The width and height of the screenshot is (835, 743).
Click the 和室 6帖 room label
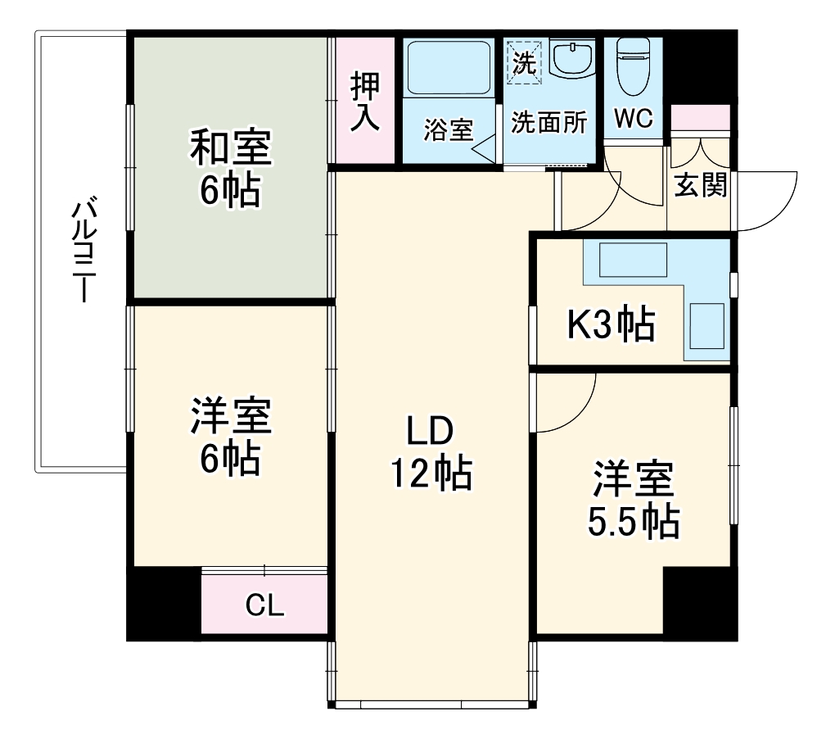pyautogui.click(x=230, y=169)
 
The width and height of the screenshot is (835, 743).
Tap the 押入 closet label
pyautogui.click(x=365, y=102)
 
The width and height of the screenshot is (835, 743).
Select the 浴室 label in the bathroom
pyautogui.click(x=448, y=129)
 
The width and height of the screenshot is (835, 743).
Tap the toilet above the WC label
pyautogui.click(x=632, y=66)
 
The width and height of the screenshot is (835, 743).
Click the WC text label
pyautogui.click(x=633, y=120)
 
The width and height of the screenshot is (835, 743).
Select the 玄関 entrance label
pyautogui.click(x=700, y=185)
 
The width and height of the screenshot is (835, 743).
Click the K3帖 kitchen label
pyautogui.click(x=612, y=324)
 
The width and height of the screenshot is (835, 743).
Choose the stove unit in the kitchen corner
pyautogui.click(x=707, y=326)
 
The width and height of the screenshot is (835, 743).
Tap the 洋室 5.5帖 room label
pyautogui.click(x=634, y=500)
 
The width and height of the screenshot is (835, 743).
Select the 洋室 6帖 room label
pyautogui.click(x=230, y=436)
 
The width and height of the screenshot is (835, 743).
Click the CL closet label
pyautogui.click(x=264, y=606)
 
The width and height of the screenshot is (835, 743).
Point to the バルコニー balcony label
pyautogui.click(x=82, y=251)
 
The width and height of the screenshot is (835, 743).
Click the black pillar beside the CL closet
pyautogui.click(x=163, y=603)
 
